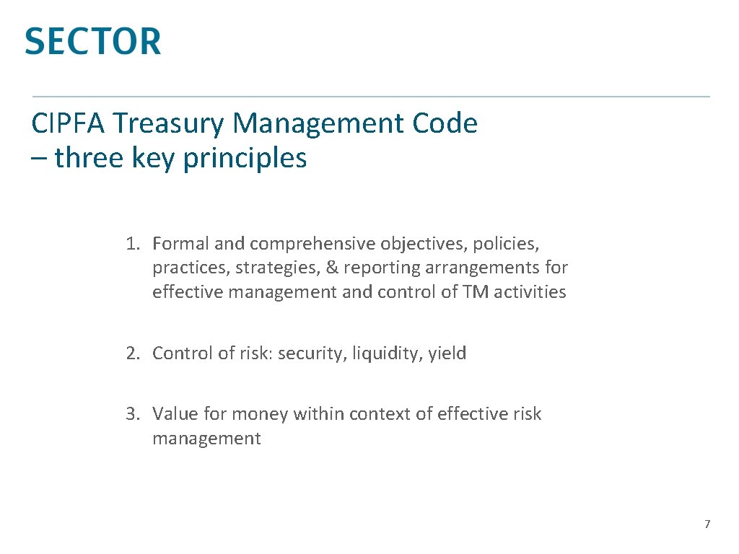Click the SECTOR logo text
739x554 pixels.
click(92, 41)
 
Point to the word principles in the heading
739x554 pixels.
click(245, 158)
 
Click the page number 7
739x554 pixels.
click(707, 524)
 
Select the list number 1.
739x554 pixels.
click(131, 244)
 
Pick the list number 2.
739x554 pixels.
click(131, 353)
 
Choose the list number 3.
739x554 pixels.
click(131, 414)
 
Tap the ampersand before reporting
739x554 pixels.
click(332, 268)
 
